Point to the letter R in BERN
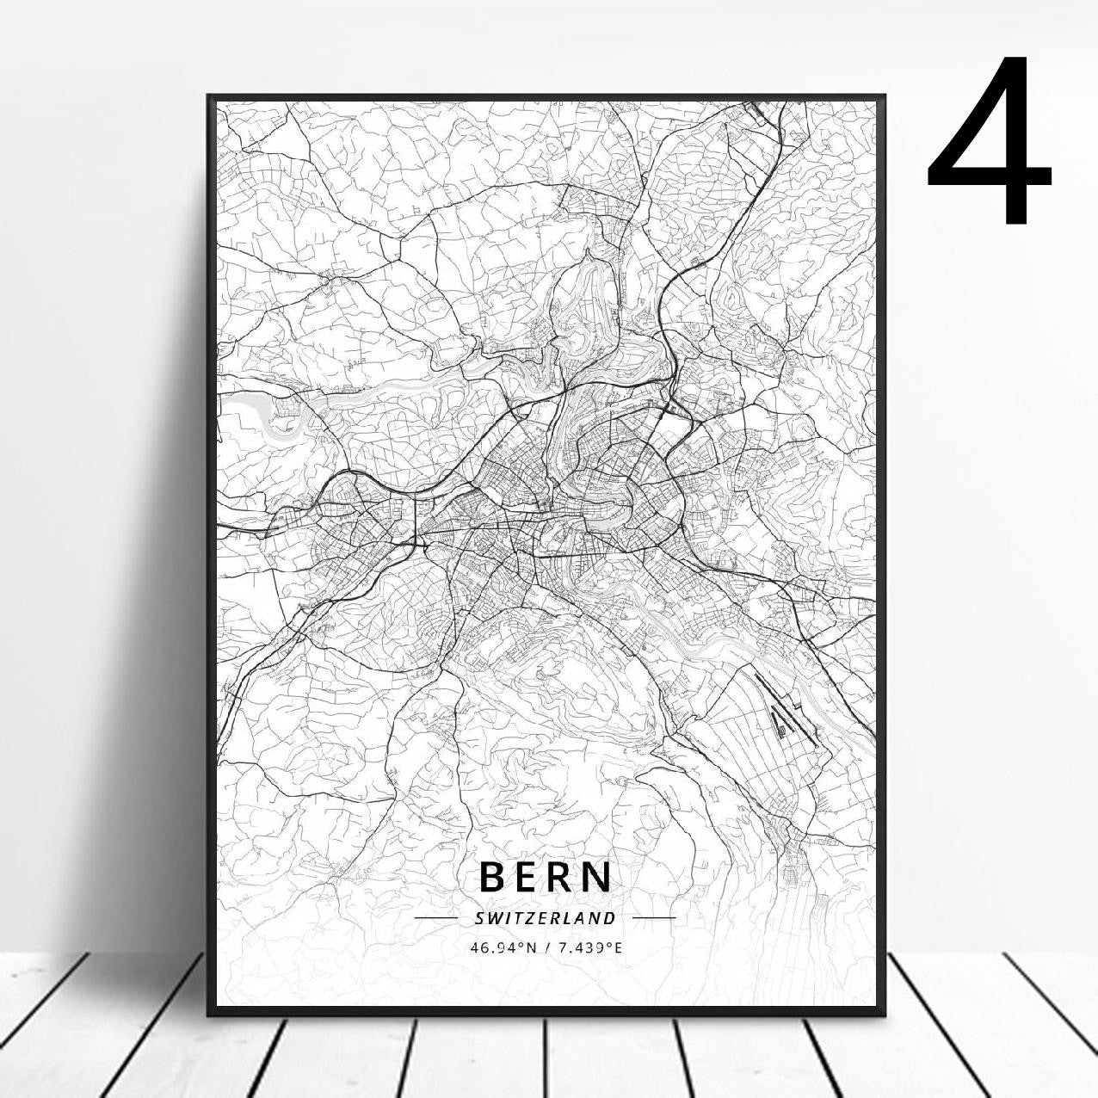[564, 877]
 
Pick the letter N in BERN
[598, 877]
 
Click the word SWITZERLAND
[546, 918]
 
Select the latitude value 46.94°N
[503, 948]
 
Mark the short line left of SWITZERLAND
[435, 918]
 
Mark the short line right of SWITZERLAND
[654, 918]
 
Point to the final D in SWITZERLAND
[611, 918]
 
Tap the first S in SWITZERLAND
[478, 918]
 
